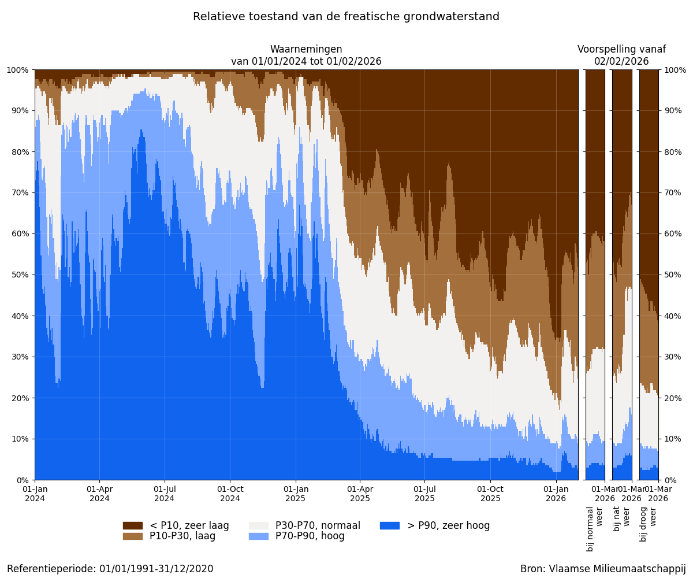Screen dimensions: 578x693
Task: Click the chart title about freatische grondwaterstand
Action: [346, 17]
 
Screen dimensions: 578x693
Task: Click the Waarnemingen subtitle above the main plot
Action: [306, 55]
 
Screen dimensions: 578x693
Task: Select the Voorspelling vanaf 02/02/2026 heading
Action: [621, 55]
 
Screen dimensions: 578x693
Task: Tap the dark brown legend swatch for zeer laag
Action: [132, 525]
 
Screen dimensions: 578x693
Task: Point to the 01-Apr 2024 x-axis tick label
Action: [99, 494]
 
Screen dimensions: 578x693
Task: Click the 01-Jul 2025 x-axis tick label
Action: [424, 494]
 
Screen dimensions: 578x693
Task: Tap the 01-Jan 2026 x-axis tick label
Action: [556, 494]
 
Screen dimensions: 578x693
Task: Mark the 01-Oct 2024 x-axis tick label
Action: [230, 494]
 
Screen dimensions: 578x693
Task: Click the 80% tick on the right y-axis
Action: [675, 152]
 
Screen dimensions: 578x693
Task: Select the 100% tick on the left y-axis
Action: [18, 70]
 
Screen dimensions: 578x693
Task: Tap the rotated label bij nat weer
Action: [621, 524]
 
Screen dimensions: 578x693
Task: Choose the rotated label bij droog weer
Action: [648, 524]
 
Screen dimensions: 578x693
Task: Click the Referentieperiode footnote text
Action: [110, 569]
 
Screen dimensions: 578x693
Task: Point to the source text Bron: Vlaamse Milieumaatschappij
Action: [603, 569]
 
